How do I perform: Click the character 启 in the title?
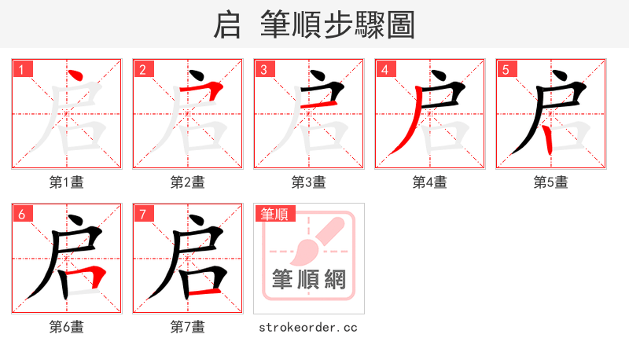[x=226, y=24]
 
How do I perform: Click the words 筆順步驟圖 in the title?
[x=337, y=24]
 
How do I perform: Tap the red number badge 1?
[x=21, y=69]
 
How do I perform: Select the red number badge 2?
[x=142, y=69]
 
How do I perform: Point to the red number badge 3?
[x=263, y=69]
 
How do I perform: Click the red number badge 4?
[x=384, y=69]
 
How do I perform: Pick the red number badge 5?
[x=506, y=69]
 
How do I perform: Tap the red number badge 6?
[x=21, y=214]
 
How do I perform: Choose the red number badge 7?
[x=142, y=214]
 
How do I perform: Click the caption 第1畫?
[x=67, y=182]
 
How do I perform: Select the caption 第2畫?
[x=188, y=182]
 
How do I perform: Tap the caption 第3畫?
[x=309, y=182]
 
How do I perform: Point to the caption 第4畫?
[x=430, y=182]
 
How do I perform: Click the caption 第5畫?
[x=551, y=182]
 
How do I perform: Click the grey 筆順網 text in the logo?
[x=309, y=279]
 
